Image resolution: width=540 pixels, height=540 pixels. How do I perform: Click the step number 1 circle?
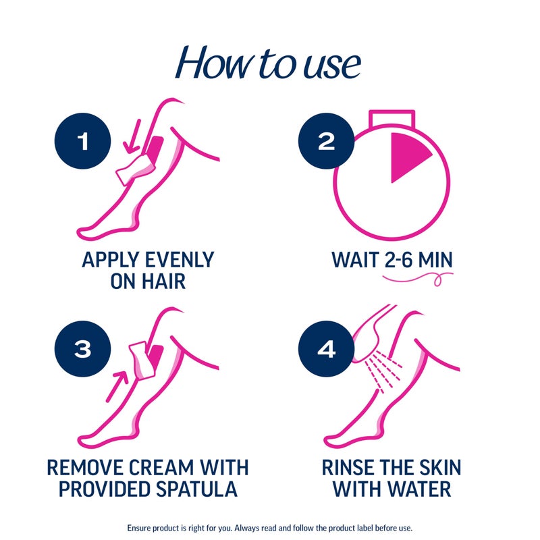point(82,141)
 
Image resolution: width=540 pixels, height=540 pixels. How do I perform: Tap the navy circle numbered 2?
point(325,141)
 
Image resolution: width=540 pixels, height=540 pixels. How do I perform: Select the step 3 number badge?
point(82,349)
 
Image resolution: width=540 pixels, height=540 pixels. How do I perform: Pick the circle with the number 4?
point(325,349)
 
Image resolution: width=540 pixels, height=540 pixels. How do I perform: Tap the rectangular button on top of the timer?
point(390,117)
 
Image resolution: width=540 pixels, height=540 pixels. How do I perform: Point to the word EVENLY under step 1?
point(174,260)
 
